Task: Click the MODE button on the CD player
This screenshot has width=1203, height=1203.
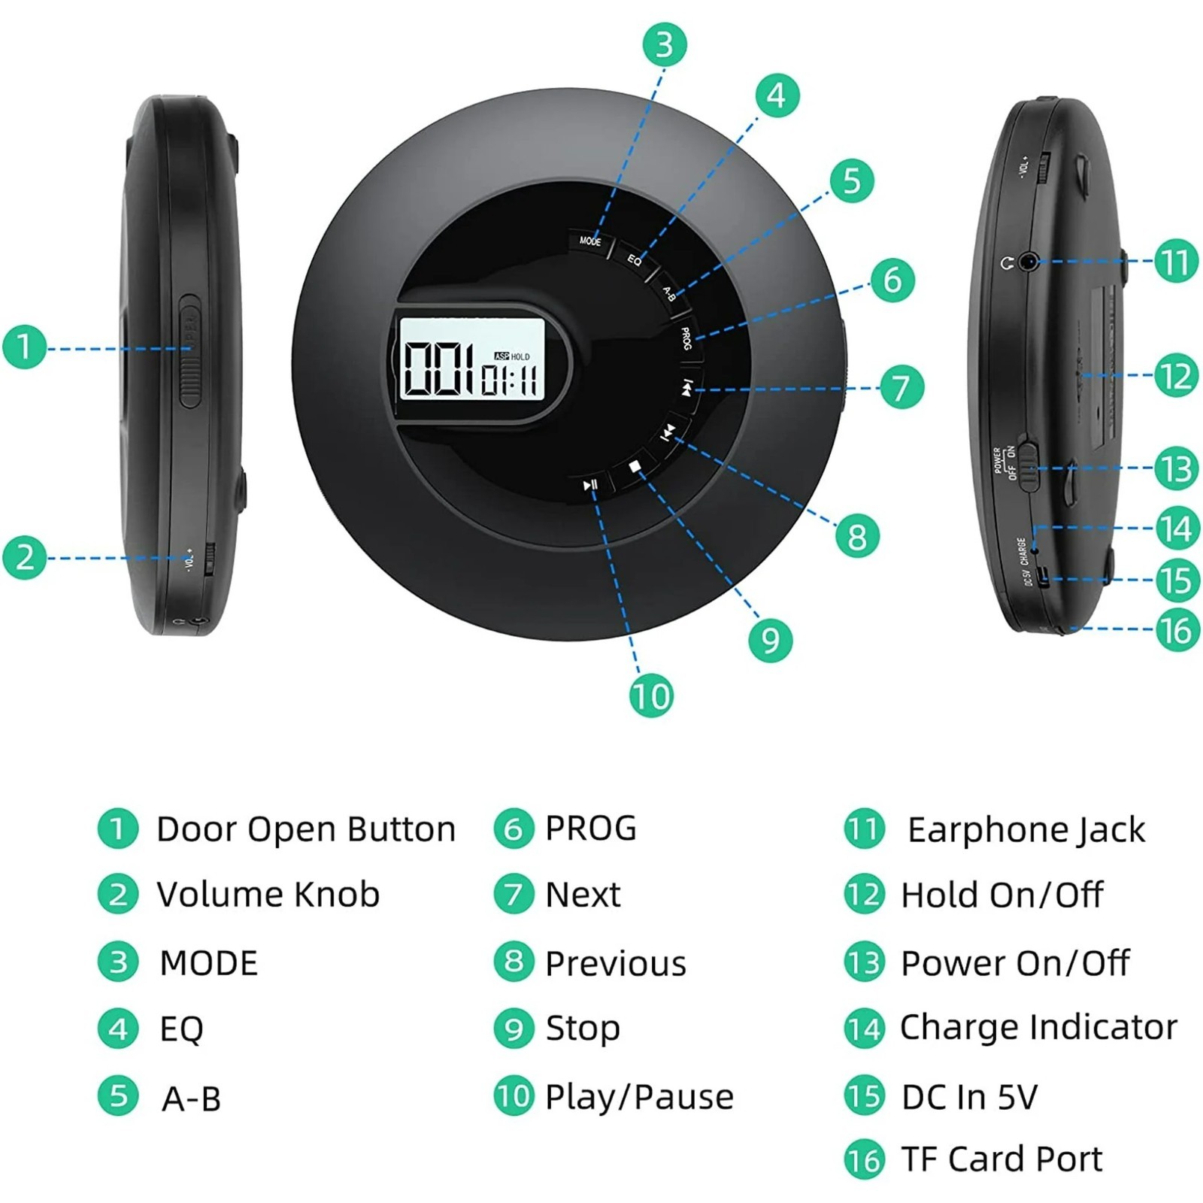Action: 590,241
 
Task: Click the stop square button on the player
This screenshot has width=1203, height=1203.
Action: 635,468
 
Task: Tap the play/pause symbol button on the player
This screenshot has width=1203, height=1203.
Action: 591,485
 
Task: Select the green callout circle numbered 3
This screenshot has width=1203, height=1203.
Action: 664,44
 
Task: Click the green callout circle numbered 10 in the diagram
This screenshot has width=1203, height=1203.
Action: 651,695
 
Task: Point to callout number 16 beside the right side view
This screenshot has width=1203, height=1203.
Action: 1177,630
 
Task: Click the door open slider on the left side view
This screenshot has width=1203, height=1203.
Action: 189,350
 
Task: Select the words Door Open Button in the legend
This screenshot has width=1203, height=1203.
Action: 306,829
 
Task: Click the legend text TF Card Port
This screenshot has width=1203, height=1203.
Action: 1001,1159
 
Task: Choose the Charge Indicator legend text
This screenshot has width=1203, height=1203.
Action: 1038,1027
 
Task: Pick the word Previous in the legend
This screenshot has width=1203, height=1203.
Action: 615,963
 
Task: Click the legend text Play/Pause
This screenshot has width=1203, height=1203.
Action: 639,1097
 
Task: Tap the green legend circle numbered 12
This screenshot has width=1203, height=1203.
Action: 865,895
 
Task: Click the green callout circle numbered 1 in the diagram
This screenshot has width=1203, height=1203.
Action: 25,347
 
